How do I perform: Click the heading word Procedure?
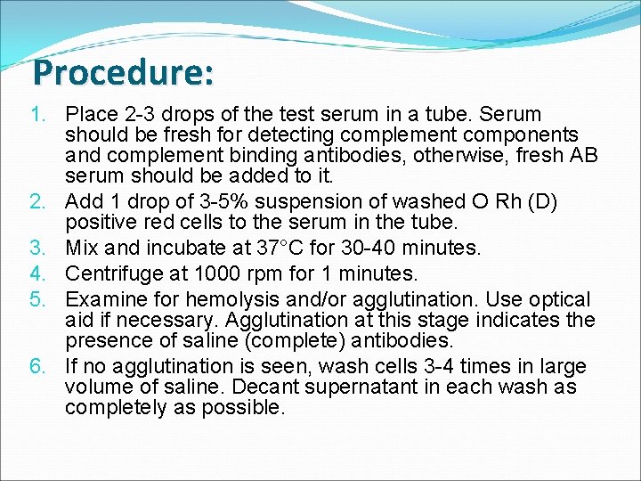[123, 72]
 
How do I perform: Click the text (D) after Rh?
[540, 201]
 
